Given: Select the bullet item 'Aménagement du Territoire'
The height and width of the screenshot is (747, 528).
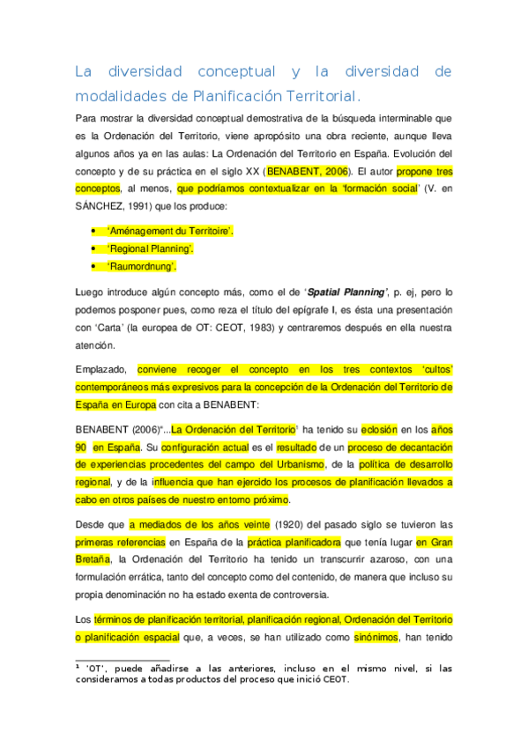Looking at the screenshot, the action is [170, 231].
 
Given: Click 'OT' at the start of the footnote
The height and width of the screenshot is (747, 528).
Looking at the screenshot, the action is [96, 669].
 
